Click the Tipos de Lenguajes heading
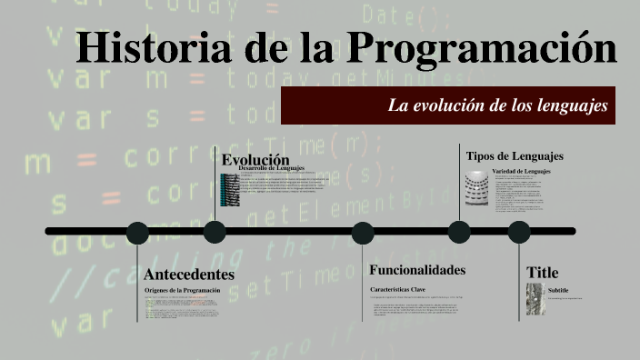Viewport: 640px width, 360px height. [x=515, y=155]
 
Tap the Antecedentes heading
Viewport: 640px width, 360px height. [x=189, y=275]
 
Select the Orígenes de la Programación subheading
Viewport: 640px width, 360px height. [x=182, y=289]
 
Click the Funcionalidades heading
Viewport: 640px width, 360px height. [x=417, y=270]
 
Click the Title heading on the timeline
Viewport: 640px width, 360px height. [x=543, y=273]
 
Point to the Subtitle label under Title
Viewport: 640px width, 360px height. [x=558, y=290]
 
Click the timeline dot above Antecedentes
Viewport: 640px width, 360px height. [x=137, y=232]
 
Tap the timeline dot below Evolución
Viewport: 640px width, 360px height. [x=215, y=232]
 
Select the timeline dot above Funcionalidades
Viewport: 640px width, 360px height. [x=363, y=232]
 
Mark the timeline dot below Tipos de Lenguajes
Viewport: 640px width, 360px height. [x=459, y=232]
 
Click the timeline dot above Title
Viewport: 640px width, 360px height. [x=518, y=232]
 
